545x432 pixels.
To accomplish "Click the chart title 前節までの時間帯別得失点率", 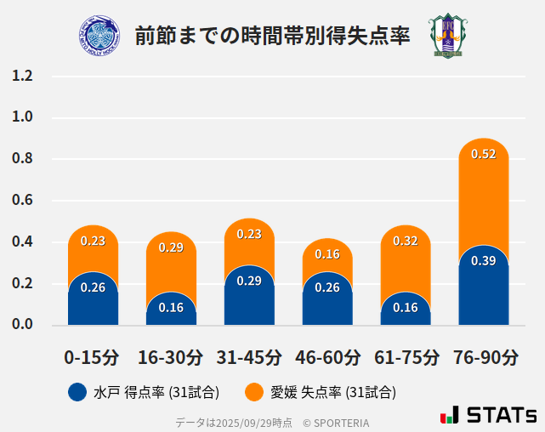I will [x=272, y=36].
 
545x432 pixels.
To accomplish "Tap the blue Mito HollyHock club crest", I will [x=99, y=36].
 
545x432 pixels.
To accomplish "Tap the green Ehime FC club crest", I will [x=446, y=36].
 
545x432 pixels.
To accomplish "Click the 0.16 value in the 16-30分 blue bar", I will [x=171, y=308].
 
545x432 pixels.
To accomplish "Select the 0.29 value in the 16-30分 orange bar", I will [x=171, y=247].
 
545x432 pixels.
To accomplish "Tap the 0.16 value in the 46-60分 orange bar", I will [x=327, y=254].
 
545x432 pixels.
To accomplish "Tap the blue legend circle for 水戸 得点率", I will [x=77, y=392].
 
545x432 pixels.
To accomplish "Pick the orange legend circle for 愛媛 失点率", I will [x=253, y=392].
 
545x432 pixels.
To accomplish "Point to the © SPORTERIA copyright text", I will [x=336, y=422].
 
